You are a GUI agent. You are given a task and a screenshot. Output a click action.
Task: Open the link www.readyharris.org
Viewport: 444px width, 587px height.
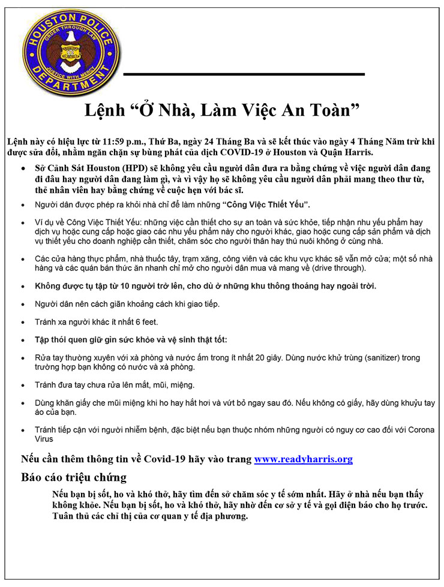[x=303, y=460]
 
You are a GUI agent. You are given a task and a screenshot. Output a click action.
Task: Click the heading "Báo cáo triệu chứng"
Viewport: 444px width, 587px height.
[x=74, y=477]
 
